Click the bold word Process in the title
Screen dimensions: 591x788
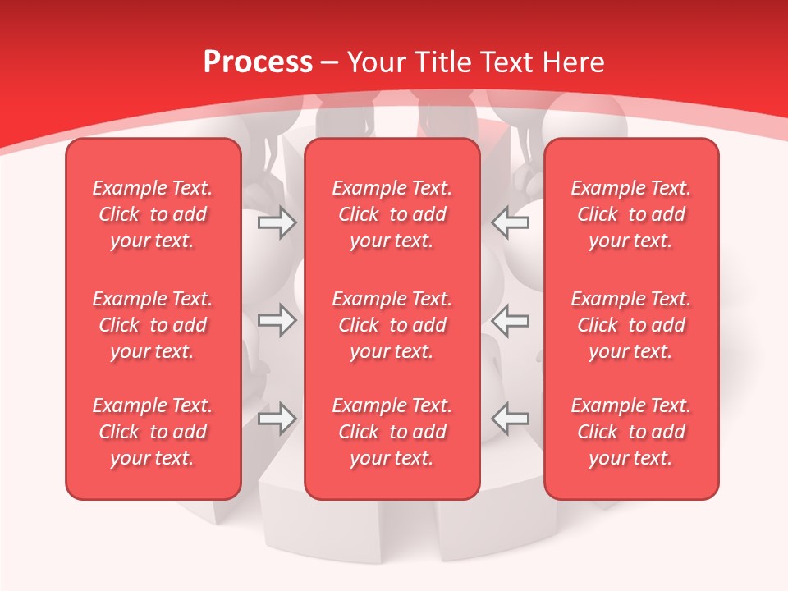tap(258, 62)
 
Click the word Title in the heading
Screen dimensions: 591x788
tap(443, 62)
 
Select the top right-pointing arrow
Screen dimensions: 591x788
tap(277, 222)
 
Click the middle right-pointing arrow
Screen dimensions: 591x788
tap(277, 320)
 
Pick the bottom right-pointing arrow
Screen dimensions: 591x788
tap(277, 419)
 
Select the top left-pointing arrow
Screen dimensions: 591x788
tap(511, 222)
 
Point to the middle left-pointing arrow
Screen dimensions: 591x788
tap(511, 320)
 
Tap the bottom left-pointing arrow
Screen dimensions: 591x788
tap(511, 419)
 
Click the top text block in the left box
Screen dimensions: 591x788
tap(153, 214)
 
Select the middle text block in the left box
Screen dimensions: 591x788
tap(153, 325)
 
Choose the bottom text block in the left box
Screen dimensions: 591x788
tap(153, 432)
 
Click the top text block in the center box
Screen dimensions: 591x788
tap(392, 214)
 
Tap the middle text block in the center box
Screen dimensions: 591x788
tap(392, 325)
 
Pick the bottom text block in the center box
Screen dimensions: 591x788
tap(392, 432)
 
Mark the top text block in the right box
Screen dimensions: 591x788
tap(630, 214)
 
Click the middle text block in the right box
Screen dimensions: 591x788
tap(630, 325)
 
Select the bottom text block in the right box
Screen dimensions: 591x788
tap(630, 432)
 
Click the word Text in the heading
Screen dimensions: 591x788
tap(505, 62)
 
